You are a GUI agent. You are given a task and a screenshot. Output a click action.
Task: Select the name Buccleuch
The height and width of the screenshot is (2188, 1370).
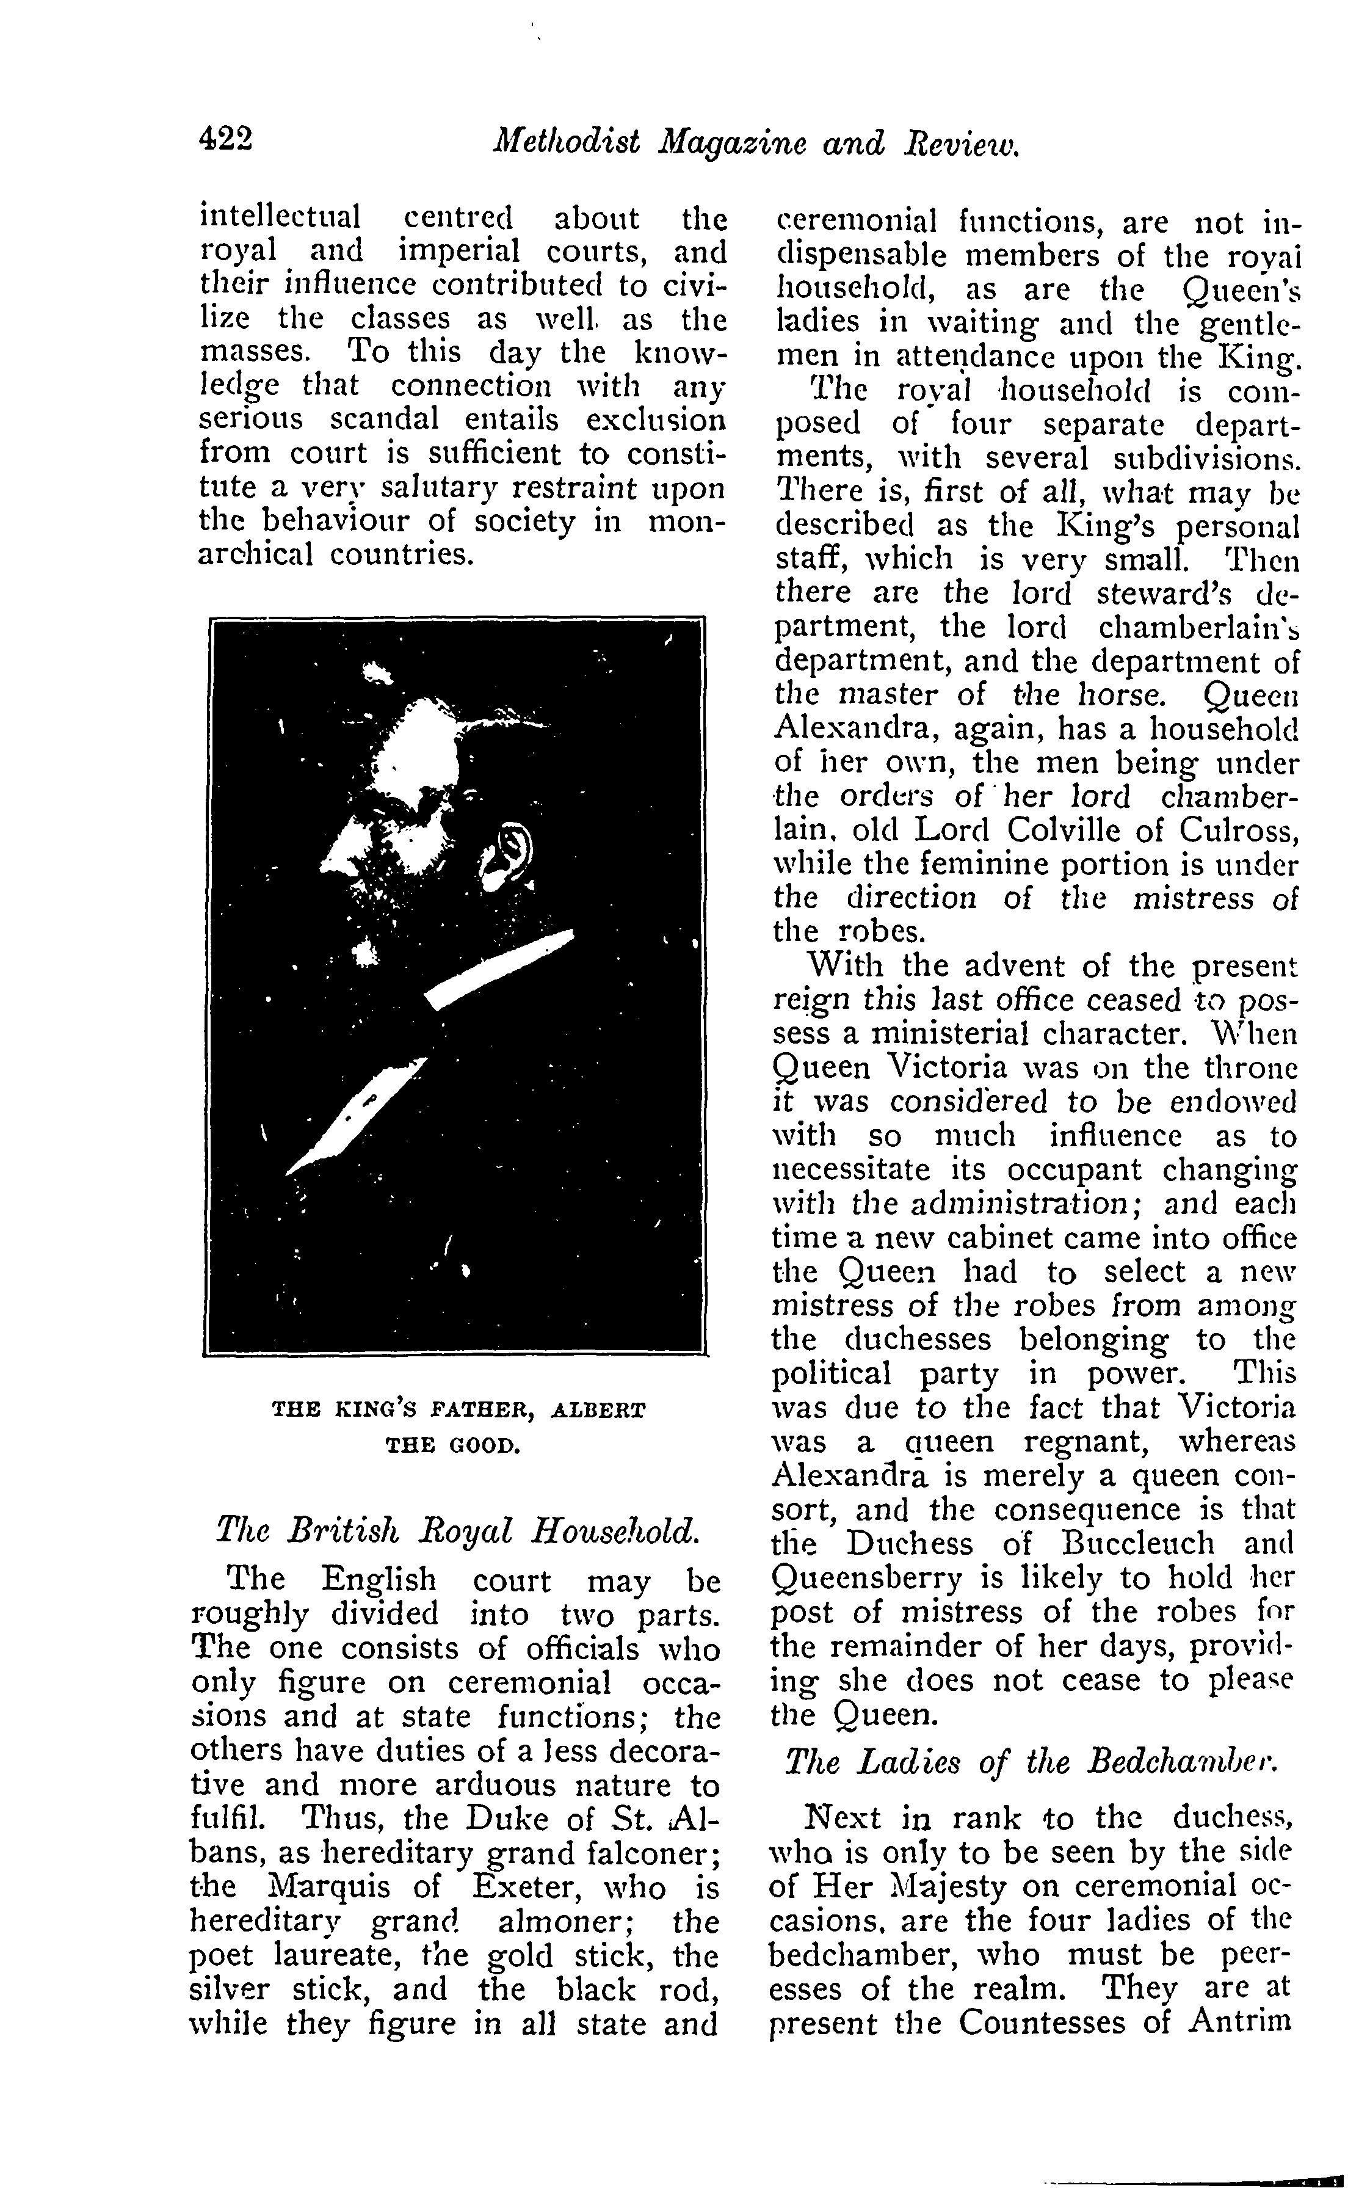pos(1144,1544)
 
